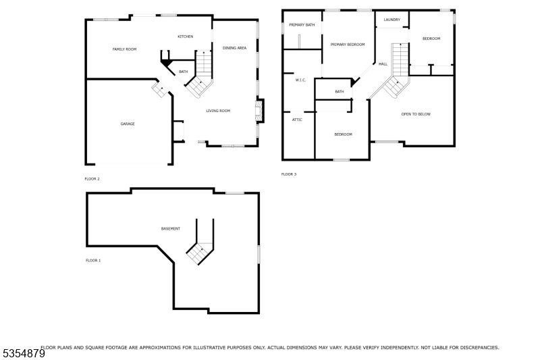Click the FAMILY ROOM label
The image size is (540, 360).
(124, 49)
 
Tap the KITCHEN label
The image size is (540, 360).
(185, 36)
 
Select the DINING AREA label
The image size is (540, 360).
(234, 48)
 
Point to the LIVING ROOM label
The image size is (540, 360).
(218, 111)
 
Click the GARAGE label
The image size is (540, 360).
(128, 124)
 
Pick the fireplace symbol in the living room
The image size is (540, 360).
(259, 111)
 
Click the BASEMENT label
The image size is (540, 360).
(171, 229)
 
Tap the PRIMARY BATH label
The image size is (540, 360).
(302, 25)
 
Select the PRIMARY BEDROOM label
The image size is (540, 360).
(348, 45)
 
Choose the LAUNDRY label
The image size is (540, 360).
(392, 20)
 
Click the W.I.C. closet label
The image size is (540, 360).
(300, 80)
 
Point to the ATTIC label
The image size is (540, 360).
(297, 120)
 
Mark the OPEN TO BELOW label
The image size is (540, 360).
(416, 114)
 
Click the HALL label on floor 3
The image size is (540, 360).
(383, 64)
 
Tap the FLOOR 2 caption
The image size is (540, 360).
(92, 179)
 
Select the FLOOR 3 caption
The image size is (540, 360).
(289, 174)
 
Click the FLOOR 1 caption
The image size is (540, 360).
(93, 261)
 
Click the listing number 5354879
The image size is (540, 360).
(24, 354)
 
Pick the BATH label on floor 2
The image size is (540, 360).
(183, 72)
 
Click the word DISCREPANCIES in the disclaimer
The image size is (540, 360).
(479, 348)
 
